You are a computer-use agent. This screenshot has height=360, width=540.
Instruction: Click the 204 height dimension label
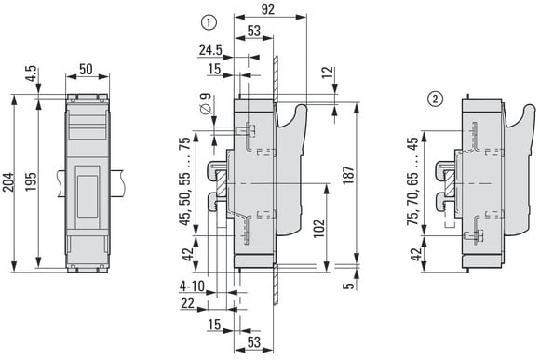(x=8, y=182)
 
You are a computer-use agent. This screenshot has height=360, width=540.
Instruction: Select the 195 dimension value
(x=31, y=182)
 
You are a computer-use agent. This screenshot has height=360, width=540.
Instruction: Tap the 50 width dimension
(x=86, y=69)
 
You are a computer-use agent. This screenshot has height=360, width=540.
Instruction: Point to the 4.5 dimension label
(x=31, y=73)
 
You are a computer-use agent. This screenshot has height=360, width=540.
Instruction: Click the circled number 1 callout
(x=209, y=23)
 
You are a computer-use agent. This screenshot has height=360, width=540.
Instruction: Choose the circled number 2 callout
(x=435, y=100)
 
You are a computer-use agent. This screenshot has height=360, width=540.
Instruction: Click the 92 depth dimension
(x=267, y=9)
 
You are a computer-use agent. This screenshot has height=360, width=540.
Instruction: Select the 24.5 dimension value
(x=210, y=50)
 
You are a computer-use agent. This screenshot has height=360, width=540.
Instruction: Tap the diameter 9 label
(x=206, y=104)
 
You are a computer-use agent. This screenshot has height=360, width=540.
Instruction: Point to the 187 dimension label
(x=349, y=175)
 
